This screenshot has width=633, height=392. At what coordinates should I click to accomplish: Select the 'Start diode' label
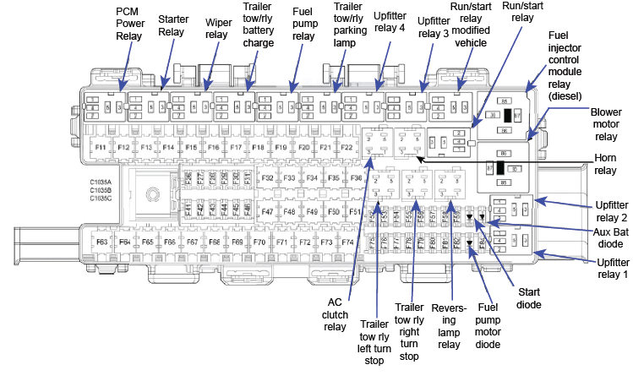click(528, 298)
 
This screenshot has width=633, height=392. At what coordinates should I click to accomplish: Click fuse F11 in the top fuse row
click(101, 147)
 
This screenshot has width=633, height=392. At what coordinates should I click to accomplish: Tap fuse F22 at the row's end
click(346, 147)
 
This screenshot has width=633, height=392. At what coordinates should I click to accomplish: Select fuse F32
click(267, 178)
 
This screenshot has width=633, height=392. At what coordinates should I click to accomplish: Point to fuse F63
click(101, 242)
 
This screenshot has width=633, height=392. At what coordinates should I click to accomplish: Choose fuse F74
click(347, 242)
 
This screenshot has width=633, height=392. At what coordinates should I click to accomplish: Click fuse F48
click(289, 211)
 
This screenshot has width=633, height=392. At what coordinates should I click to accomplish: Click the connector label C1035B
click(101, 190)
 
